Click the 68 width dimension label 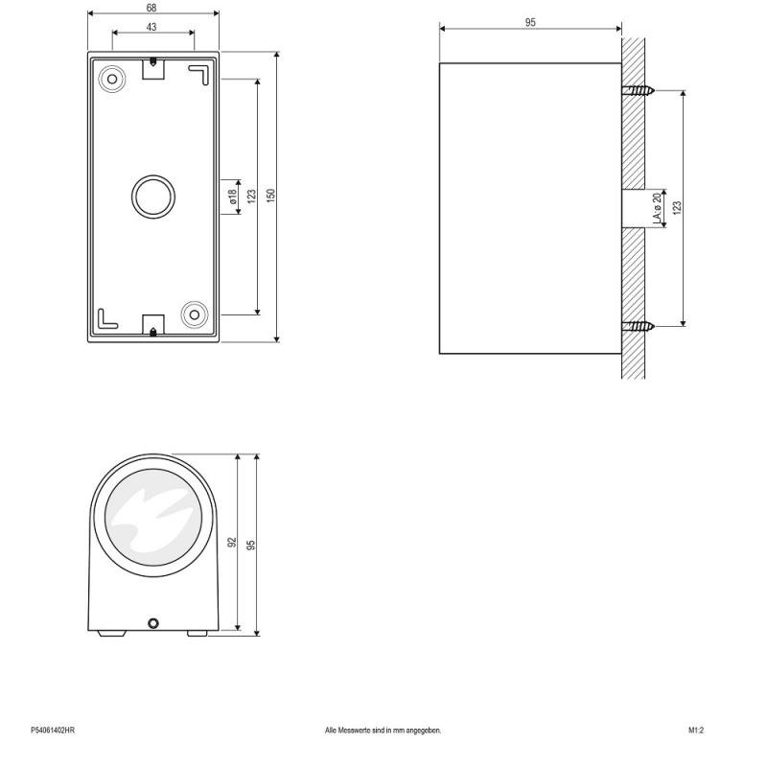pos(151,8)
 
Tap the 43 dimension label pos(151,27)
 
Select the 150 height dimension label pos(271,196)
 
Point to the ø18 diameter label pos(233,197)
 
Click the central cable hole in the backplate pos(153,197)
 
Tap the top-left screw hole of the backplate pos(112,79)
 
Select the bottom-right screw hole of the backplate pos(195,314)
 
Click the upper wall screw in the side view pos(638,90)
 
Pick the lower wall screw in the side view pos(638,326)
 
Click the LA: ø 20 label pos(658,207)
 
